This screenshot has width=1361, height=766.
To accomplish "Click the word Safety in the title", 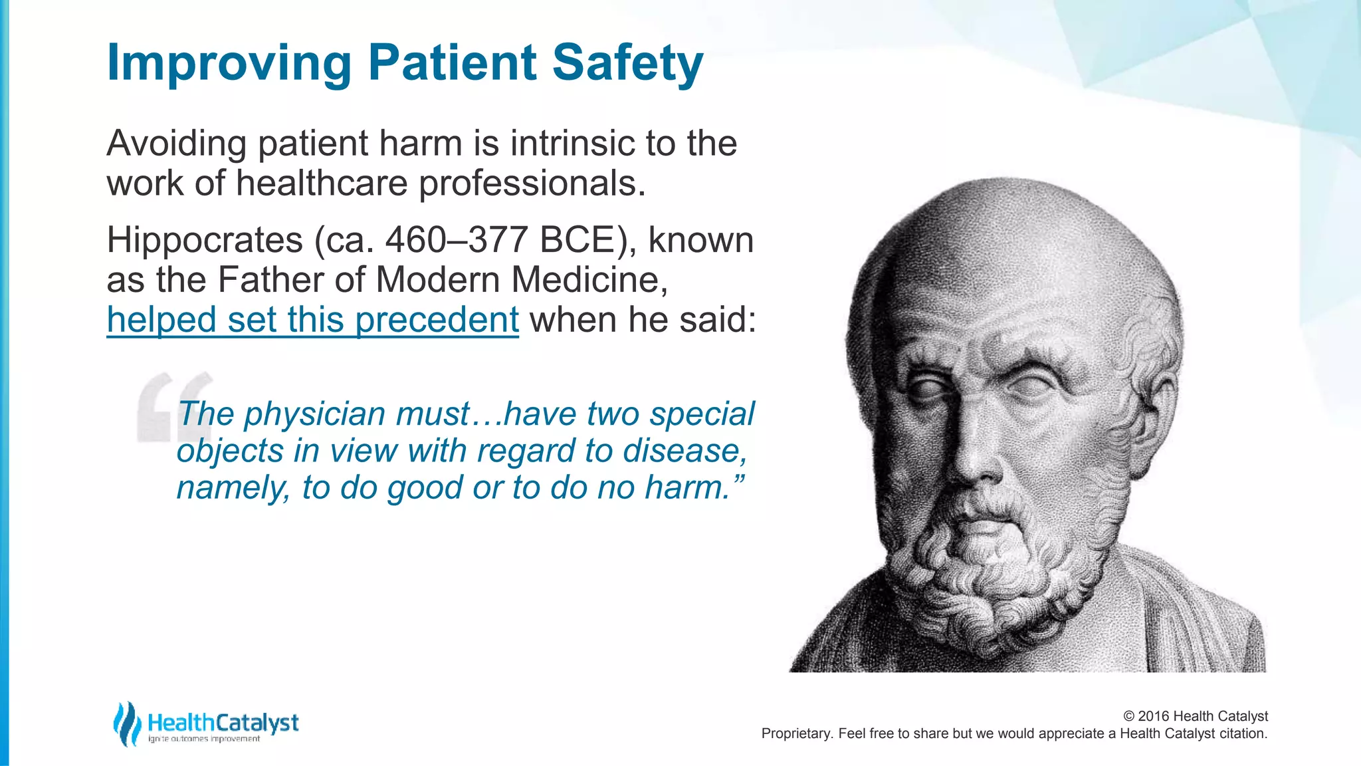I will click(627, 63).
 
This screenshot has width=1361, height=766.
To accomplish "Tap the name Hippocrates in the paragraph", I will click(204, 240).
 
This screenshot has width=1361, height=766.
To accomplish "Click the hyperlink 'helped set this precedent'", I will click(312, 320).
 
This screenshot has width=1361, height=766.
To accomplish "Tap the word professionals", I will click(532, 184).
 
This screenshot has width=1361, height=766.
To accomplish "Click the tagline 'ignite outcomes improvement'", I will click(204, 739).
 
